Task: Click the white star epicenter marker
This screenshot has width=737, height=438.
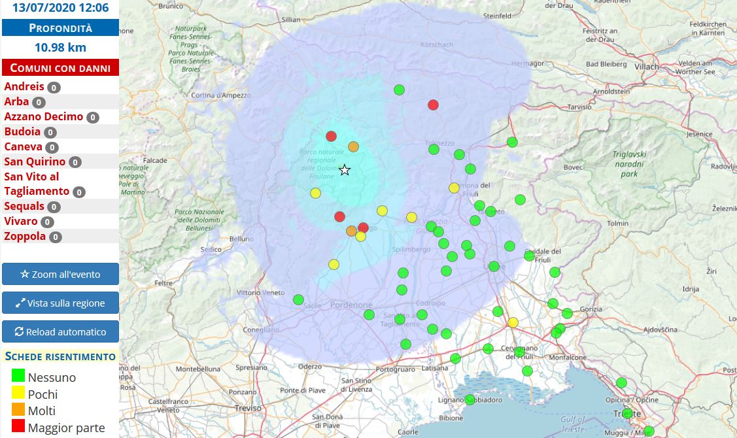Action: click(x=345, y=171)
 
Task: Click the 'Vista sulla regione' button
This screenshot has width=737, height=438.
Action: click(x=60, y=303)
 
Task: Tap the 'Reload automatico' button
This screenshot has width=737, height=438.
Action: click(x=60, y=331)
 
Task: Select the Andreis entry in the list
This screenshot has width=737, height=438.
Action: click(x=24, y=86)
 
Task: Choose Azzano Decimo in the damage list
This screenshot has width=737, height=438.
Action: click(x=44, y=116)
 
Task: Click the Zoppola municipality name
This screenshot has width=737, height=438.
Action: click(x=25, y=236)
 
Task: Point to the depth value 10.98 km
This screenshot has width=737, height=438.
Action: click(x=60, y=47)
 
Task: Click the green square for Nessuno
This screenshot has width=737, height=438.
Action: click(x=18, y=376)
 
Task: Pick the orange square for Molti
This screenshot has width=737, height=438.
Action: click(x=18, y=410)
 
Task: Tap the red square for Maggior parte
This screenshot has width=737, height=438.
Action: click(x=18, y=427)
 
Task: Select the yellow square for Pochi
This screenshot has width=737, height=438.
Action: click(x=18, y=393)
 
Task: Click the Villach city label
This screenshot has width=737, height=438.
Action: click(x=647, y=67)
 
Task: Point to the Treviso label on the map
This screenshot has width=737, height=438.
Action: click(x=248, y=408)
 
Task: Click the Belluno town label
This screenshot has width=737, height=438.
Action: click(x=241, y=239)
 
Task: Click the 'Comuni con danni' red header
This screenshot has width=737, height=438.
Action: click(x=60, y=67)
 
